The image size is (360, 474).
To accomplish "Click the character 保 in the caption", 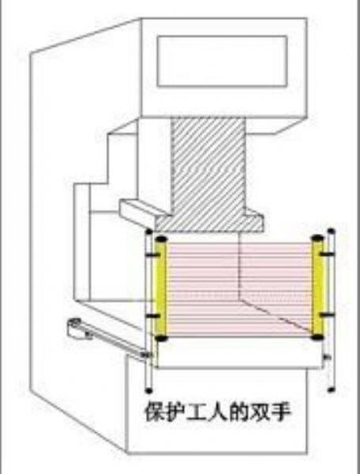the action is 155,412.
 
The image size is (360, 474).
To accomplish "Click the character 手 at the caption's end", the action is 280,412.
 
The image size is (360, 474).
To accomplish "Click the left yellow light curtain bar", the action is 161,288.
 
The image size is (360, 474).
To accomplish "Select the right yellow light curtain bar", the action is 317,288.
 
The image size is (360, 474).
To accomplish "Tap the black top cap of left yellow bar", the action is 161,239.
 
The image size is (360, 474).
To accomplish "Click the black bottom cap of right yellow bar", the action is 317,337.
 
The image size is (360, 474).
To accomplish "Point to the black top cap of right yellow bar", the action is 317,238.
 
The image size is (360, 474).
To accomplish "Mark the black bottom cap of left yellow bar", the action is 161,338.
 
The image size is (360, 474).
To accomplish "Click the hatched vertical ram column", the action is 208,166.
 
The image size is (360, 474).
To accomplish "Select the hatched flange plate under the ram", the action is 209,223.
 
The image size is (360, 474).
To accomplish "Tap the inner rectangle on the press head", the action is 222,61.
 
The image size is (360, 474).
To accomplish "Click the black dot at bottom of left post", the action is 148,391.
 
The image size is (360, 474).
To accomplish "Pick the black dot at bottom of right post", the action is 332,389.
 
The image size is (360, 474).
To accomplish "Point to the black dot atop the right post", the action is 332,231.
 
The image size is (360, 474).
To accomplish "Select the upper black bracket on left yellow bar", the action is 153,255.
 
